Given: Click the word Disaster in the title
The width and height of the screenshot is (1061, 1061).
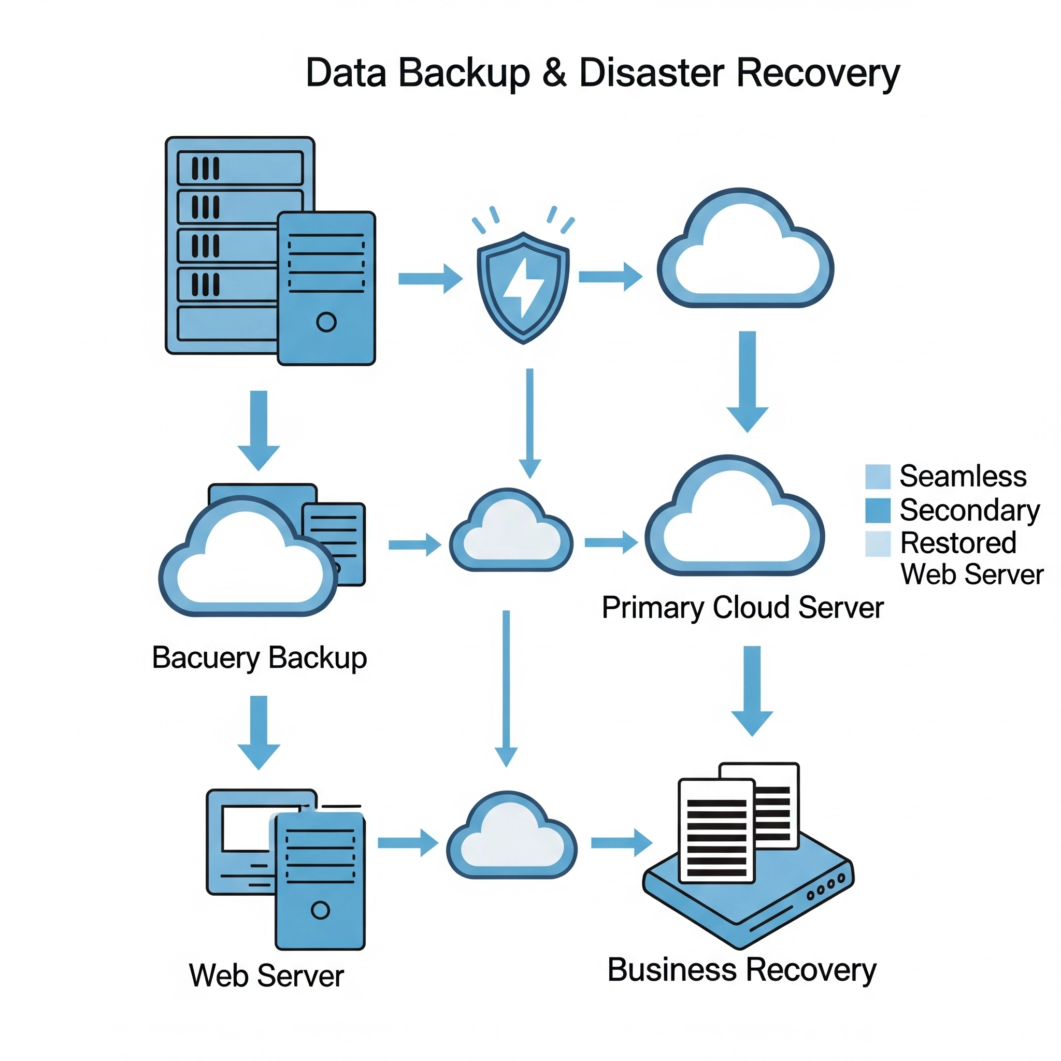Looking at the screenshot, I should point(652,73).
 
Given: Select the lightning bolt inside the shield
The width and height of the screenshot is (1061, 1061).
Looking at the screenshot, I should point(523,287).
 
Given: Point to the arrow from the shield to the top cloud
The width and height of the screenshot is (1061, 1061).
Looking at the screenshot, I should point(610,276).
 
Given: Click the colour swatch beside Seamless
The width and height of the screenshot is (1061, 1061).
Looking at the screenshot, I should point(878,476).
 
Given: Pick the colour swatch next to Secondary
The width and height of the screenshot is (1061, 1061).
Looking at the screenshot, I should point(878,510).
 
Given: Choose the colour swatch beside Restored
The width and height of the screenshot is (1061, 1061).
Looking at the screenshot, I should point(878,543).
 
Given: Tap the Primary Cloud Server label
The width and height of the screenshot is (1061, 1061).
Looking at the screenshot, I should point(742,607).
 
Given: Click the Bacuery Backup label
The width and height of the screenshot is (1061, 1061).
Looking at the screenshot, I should point(259,657).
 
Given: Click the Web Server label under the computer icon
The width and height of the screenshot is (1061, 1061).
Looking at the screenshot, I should point(266,976).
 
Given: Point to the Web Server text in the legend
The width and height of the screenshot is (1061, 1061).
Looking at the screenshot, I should point(971,575).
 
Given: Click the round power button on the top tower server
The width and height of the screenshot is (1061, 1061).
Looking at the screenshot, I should point(326,322).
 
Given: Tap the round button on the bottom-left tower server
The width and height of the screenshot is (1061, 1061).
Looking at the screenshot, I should point(320,910).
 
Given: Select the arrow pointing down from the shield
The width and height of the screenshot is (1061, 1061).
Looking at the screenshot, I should point(530,423).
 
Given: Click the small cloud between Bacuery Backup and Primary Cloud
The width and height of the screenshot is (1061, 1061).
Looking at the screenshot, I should point(511,532).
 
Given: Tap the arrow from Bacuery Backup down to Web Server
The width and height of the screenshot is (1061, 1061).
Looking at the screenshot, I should point(259,732).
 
